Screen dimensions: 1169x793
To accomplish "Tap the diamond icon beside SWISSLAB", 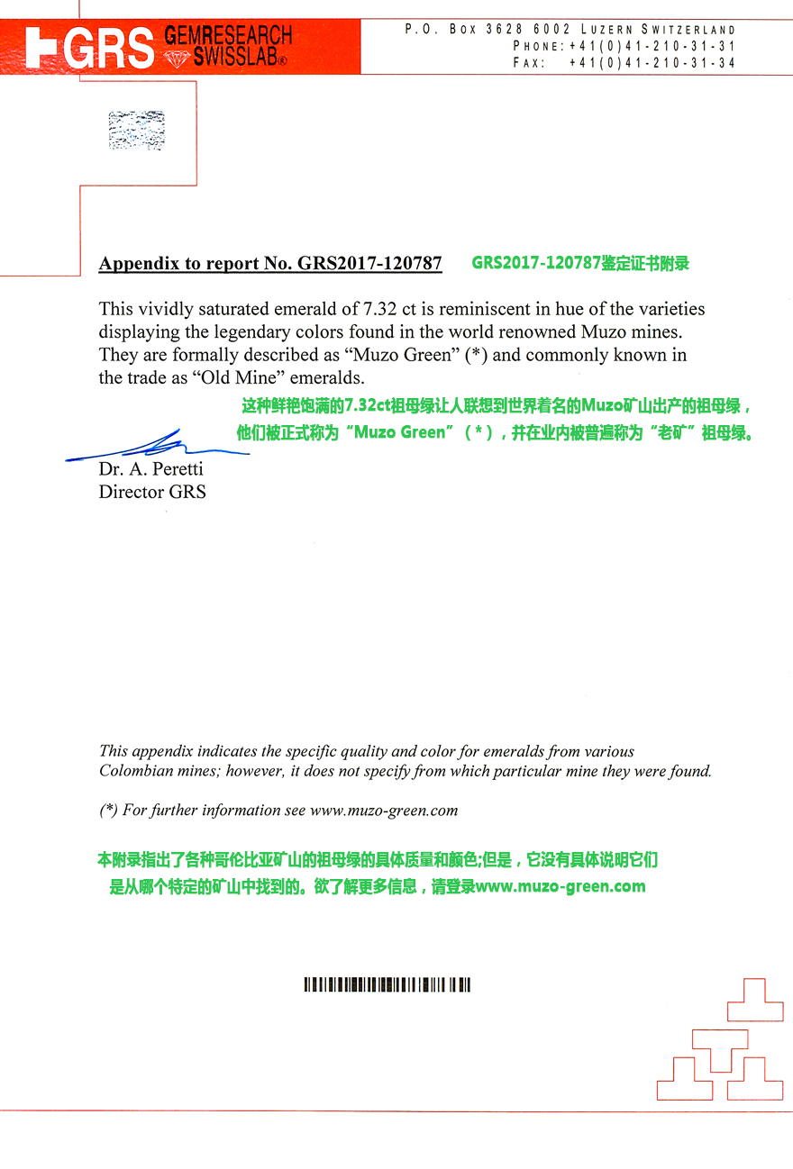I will pyautogui.click(x=177, y=59).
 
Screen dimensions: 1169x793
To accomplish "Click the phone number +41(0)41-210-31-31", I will pyautogui.click(x=652, y=46).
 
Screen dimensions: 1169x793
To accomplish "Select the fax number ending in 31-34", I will pyautogui.click(x=652, y=63).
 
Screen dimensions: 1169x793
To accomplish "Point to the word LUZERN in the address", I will pyautogui.click(x=606, y=30).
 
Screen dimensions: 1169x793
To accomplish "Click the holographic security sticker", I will pyautogui.click(x=136, y=130).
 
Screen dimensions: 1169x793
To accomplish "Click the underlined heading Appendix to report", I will pyautogui.click(x=270, y=263).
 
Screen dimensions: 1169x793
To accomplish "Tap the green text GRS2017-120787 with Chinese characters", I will pyautogui.click(x=580, y=263).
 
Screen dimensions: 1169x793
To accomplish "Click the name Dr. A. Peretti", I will pyautogui.click(x=150, y=469).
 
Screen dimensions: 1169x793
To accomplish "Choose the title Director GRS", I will pyautogui.click(x=152, y=492).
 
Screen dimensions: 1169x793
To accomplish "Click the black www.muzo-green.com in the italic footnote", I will pyautogui.click(x=384, y=810).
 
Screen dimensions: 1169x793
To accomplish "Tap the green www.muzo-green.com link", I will pyautogui.click(x=561, y=886).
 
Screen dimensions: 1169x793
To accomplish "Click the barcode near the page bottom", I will pyautogui.click(x=387, y=984).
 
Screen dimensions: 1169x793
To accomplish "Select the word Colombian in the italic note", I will pyautogui.click(x=136, y=771).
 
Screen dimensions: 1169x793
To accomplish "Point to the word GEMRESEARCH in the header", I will pyautogui.click(x=228, y=36).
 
